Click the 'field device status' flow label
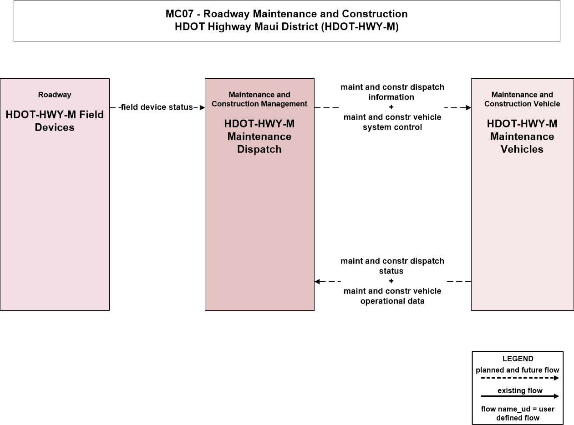[x=157, y=107]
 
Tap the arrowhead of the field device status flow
[x=203, y=107]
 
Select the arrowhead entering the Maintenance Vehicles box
[x=468, y=107]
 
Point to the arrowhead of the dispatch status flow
[x=317, y=281]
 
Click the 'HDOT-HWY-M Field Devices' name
[x=55, y=121]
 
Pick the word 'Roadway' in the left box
[x=55, y=95]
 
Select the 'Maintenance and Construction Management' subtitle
[x=259, y=99]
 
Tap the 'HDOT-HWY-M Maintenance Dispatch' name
[x=259, y=137]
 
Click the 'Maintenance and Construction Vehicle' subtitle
[x=522, y=99]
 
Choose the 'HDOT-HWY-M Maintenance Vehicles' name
[x=522, y=137]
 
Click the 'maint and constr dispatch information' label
[x=392, y=92]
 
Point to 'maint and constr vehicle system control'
[x=392, y=122]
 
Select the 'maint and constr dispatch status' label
[x=392, y=266]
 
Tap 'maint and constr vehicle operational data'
[x=392, y=296]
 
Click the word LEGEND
[x=518, y=359]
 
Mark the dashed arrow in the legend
[x=520, y=378]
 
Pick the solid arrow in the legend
[x=520, y=396]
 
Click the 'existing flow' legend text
[x=520, y=390]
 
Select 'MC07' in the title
[x=180, y=14]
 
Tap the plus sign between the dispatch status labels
[x=391, y=281]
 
